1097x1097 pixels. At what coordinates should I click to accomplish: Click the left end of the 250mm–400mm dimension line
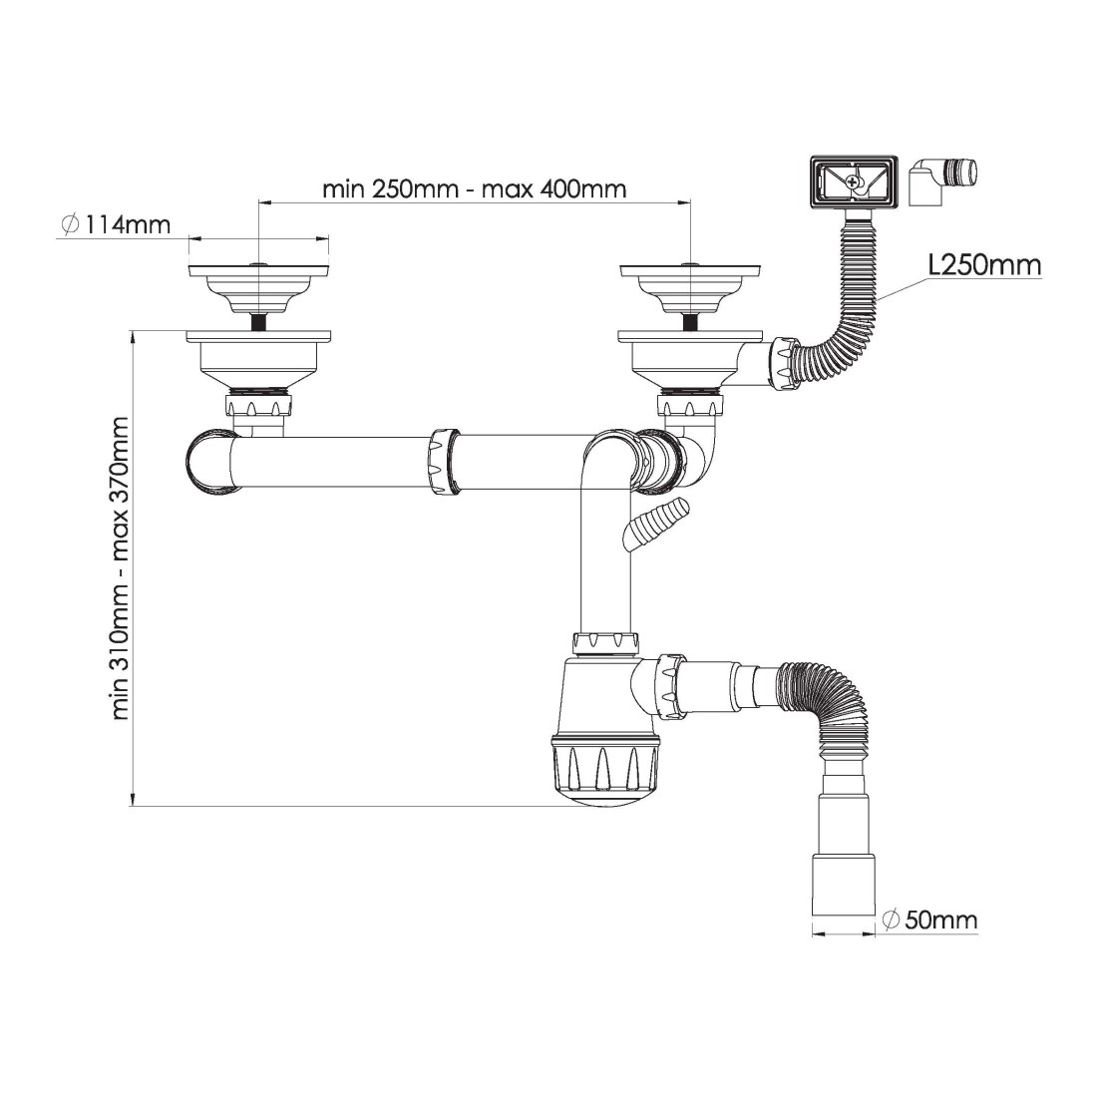click(258, 202)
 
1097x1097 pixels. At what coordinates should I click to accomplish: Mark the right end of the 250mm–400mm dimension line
click(690, 202)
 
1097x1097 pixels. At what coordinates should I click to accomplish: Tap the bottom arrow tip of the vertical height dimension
click(133, 806)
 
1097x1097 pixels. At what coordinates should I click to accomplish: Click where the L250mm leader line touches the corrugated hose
click(878, 301)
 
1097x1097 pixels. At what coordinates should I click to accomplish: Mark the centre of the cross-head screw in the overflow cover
click(852, 182)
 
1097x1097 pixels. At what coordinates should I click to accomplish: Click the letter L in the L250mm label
click(934, 265)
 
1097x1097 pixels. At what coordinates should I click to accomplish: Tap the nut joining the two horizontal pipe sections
click(444, 463)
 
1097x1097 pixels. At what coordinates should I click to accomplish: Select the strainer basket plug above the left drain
click(259, 289)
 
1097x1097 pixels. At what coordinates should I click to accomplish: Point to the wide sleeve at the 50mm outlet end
click(843, 884)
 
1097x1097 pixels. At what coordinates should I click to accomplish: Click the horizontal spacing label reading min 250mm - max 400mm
click(475, 188)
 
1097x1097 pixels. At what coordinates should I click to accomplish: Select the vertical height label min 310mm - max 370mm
click(121, 568)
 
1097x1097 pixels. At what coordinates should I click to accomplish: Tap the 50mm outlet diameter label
click(929, 919)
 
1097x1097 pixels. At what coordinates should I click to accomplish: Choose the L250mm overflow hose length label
click(984, 265)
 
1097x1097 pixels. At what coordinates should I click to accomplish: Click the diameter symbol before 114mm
click(70, 224)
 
